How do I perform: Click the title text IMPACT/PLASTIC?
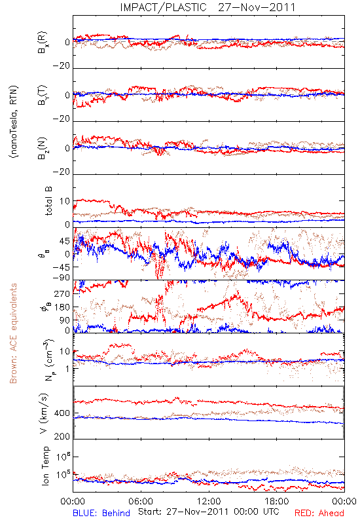pos(163,7)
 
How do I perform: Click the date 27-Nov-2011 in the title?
pos(257,7)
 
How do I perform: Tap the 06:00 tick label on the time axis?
pos(141,501)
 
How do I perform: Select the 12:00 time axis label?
pos(209,501)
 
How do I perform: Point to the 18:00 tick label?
pos(277,501)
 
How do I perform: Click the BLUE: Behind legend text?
pos(101,514)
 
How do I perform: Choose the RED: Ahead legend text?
pos(319,514)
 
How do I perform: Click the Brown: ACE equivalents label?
pos(13,333)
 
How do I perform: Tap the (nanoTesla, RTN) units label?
pos(14,122)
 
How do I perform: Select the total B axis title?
pos(48,200)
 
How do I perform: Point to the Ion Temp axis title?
pos(45,466)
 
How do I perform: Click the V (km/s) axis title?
pos(44,413)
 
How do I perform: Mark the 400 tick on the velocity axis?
pos(62,413)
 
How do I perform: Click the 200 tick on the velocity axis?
pos(62,436)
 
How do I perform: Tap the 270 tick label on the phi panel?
pos(62,293)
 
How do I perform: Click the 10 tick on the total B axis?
pos(65,201)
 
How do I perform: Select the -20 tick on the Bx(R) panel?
pos(61,66)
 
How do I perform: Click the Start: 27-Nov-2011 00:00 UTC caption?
pos(209,512)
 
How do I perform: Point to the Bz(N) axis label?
pos(43,148)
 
